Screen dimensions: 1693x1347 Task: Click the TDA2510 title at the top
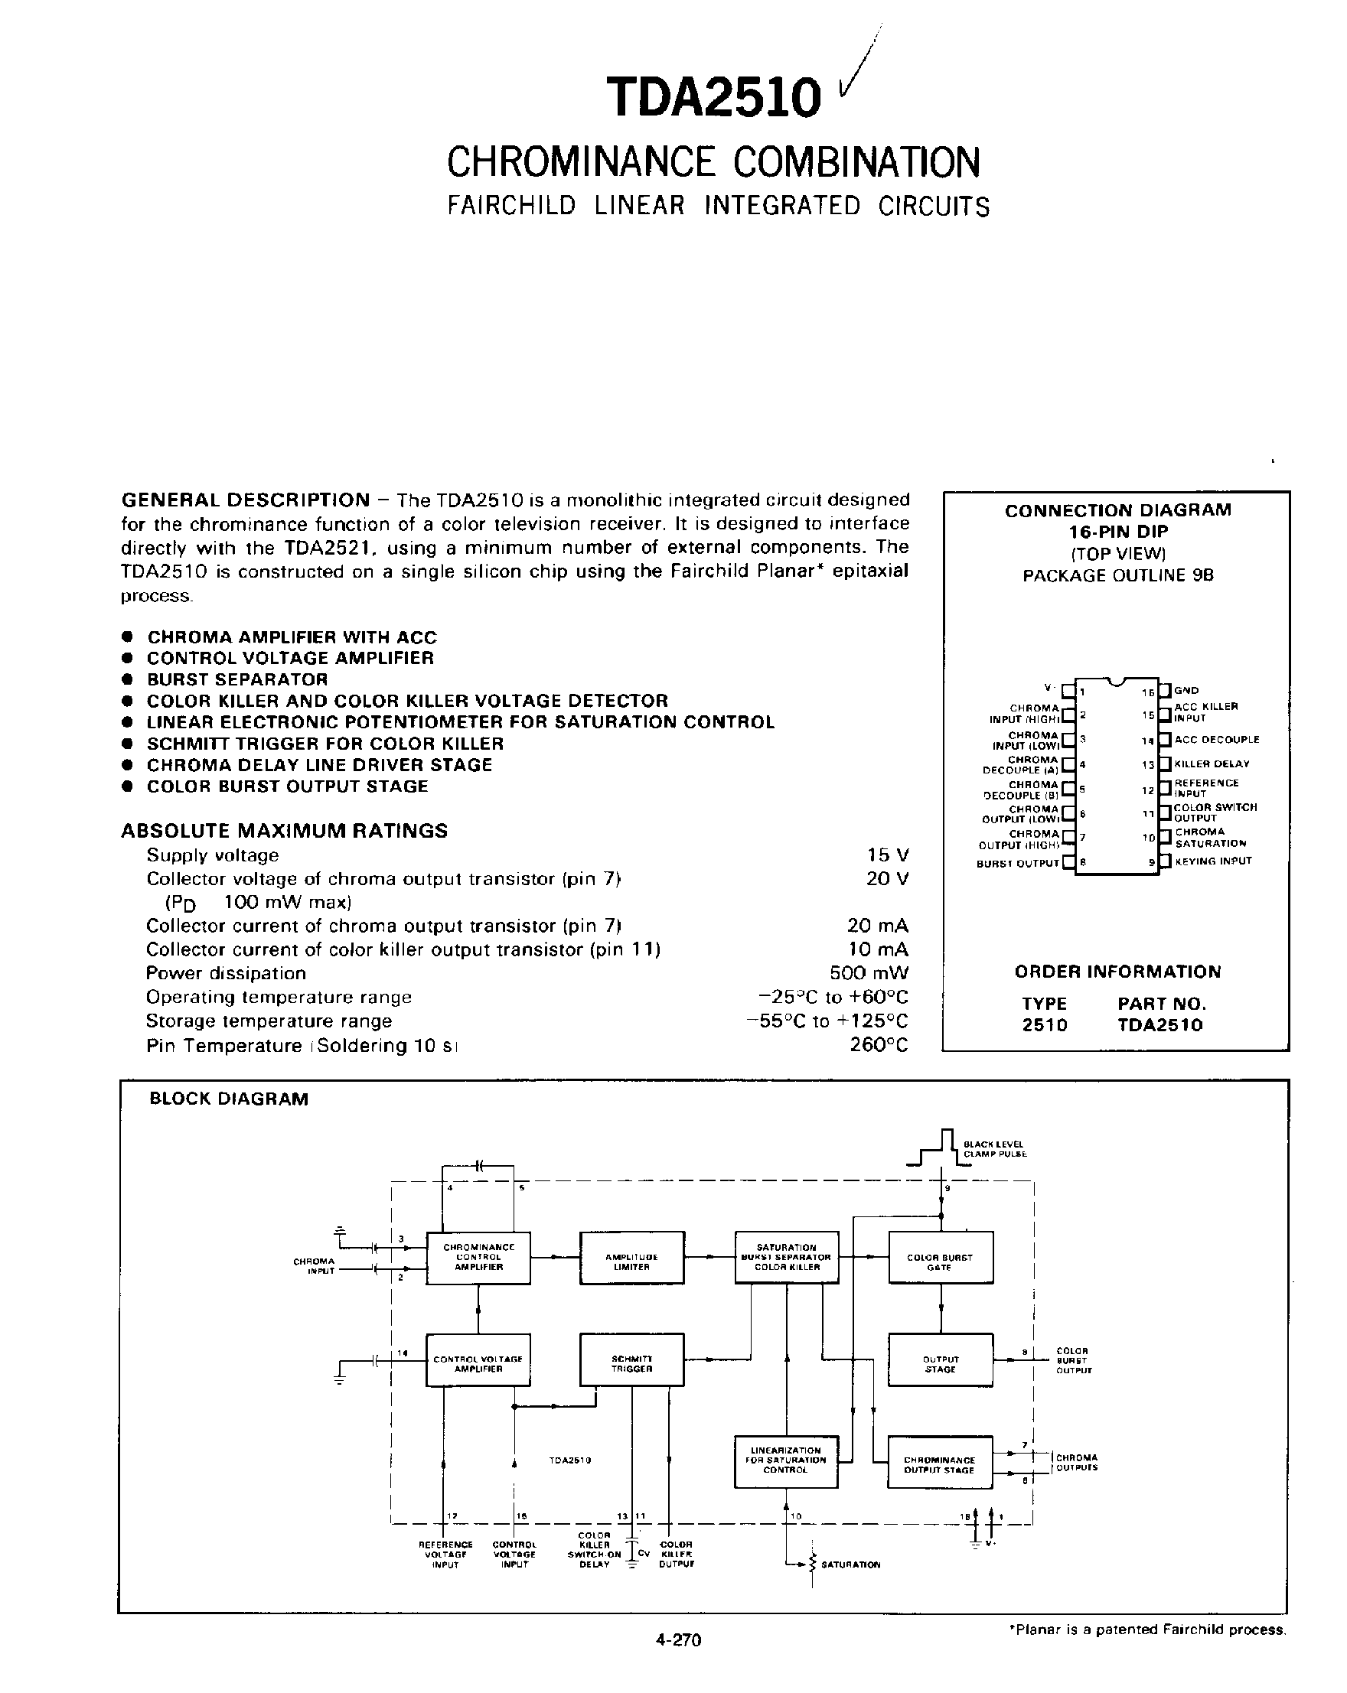713,98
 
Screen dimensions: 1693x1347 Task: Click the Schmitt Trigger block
631,1363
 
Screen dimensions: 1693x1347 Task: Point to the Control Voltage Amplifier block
478,1363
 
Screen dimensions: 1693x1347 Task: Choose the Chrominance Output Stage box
939,1464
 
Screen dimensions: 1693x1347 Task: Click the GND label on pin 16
1186,690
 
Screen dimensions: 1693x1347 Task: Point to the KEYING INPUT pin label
1213,861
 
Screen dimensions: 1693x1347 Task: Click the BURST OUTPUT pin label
1017,863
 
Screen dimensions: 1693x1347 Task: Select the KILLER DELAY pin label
1211,763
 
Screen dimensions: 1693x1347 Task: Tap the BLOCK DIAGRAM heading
229,1099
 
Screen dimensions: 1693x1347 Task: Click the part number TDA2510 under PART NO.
1159,1025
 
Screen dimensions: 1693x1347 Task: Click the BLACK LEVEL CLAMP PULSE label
994,1149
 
